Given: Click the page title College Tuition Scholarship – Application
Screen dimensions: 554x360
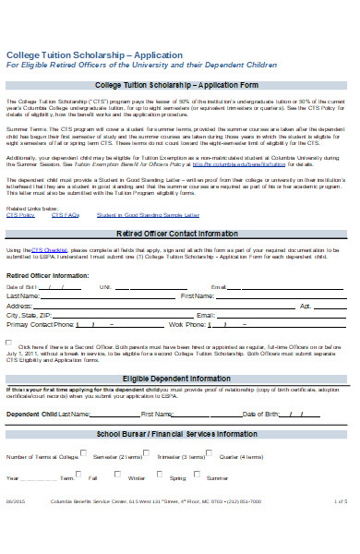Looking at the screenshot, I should [84, 55].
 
